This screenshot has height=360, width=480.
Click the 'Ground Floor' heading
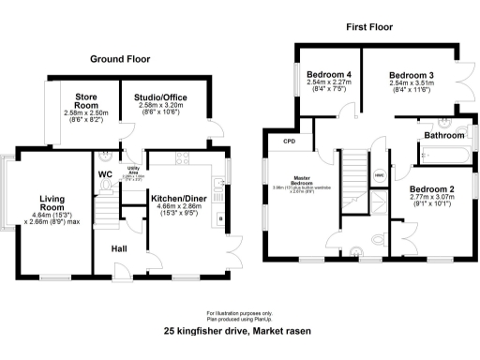tap(119, 58)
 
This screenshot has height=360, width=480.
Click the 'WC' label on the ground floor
tap(105, 173)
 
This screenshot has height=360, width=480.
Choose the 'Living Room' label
tap(51, 202)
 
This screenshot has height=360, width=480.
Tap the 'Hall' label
tap(120, 248)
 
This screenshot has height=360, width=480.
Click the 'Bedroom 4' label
tap(328, 74)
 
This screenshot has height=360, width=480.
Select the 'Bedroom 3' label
tap(411, 74)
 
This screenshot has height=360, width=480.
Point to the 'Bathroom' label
tap(445, 135)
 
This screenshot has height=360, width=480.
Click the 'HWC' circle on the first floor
tap(379, 175)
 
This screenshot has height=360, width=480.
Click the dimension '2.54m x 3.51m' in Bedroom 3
tap(411, 82)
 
